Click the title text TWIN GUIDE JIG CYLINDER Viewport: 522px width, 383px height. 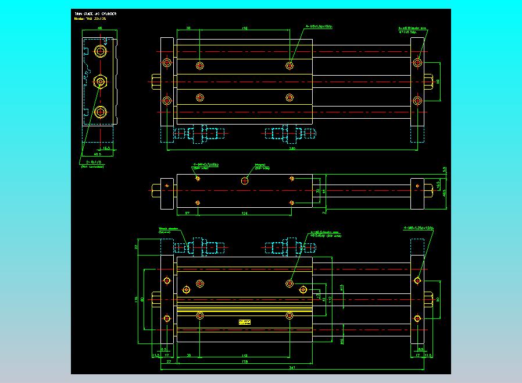pos(96,13)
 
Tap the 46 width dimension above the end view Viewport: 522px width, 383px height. pos(100,28)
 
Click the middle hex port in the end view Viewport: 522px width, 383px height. pos(101,81)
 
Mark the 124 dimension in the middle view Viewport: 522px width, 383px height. pos(244,213)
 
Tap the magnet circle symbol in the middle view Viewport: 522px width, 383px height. pos(245,180)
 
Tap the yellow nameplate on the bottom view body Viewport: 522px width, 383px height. pos(244,321)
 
